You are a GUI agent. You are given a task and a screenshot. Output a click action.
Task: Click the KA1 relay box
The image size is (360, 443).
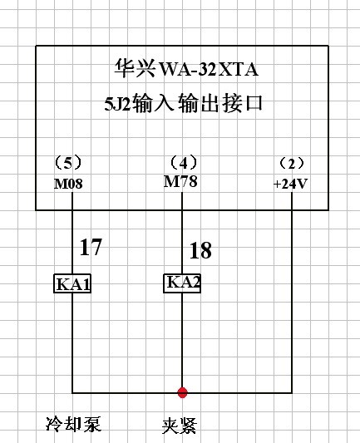(x=72, y=283)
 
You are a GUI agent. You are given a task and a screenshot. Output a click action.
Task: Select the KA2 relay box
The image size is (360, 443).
(x=182, y=283)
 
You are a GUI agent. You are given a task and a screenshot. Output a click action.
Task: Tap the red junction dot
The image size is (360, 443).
(x=182, y=392)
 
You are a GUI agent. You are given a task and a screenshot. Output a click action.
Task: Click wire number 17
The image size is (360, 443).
(x=91, y=247)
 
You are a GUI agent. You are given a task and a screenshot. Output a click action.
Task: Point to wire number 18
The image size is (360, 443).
(x=200, y=250)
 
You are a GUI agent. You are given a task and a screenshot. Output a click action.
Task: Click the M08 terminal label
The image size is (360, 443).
(x=68, y=184)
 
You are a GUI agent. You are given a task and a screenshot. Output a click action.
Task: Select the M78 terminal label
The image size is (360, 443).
(x=180, y=181)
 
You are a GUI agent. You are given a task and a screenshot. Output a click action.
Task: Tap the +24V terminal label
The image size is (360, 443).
(x=290, y=184)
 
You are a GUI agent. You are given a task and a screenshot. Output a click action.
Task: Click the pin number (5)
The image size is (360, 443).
(x=68, y=163)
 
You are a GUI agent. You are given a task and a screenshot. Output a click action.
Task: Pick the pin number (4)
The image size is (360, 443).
(x=184, y=163)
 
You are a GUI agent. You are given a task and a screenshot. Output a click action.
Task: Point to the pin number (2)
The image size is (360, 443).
(x=292, y=164)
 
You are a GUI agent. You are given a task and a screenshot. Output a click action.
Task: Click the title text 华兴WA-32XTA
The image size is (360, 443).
(x=186, y=68)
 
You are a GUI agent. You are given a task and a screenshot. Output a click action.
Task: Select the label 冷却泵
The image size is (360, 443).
(x=73, y=424)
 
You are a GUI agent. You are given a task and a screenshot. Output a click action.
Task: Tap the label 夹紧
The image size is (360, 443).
(x=179, y=426)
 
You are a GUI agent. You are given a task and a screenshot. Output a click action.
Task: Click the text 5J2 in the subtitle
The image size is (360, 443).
(x=117, y=104)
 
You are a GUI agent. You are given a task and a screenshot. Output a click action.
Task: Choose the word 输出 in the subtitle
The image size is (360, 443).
(x=199, y=103)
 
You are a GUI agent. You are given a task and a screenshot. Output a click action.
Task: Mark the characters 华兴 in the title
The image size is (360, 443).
(x=135, y=68)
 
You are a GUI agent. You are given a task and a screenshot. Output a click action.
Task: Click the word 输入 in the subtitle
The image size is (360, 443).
(x=153, y=103)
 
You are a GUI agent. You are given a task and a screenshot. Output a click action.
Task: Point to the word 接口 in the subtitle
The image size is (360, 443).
(x=243, y=103)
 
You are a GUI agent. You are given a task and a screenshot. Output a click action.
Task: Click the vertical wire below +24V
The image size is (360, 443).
(x=292, y=293)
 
